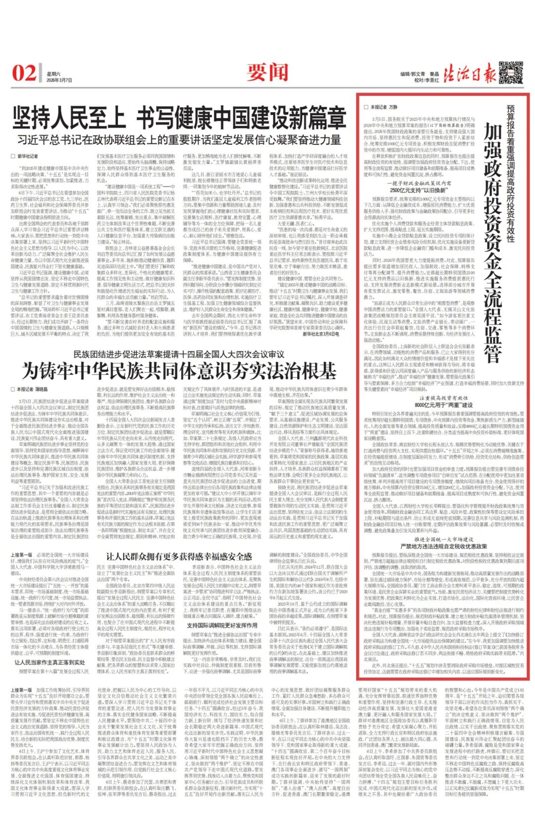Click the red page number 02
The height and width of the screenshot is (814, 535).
[23, 73]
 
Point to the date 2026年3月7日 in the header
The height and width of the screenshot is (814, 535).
[59, 79]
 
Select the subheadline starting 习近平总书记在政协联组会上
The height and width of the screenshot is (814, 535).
[179, 139]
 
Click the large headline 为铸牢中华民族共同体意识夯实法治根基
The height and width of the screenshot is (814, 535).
[179, 371]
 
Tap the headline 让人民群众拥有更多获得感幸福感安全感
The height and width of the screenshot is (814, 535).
[179, 557]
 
